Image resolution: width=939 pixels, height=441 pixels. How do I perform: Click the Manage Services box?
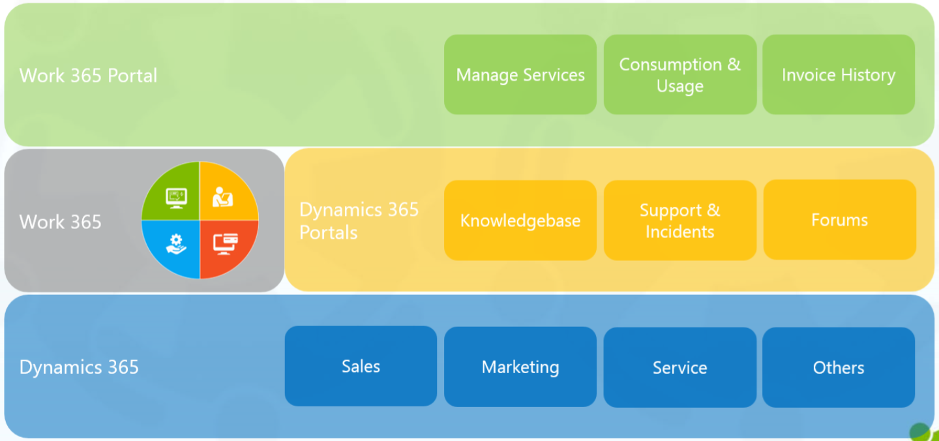520,75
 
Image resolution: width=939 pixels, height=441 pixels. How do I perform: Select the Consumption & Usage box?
679,75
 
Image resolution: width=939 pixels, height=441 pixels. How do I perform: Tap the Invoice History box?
838,75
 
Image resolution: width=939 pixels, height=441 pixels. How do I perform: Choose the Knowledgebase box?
520,220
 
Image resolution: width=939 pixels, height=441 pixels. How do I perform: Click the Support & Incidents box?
679,220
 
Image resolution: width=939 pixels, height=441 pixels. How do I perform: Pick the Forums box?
839,220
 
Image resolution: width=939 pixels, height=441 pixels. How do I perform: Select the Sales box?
361,366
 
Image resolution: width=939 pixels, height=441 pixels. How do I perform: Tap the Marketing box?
520,367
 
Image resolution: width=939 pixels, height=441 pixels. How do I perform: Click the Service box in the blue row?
679,367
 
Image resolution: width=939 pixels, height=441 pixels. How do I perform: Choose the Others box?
838,367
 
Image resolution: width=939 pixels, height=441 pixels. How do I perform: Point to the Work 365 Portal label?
88,76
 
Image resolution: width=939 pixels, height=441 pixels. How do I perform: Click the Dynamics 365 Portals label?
358,221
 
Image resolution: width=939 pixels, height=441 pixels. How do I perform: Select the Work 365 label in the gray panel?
61,222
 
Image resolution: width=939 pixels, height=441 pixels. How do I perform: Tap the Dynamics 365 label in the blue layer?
79,367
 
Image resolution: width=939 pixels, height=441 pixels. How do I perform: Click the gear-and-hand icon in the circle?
176,244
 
